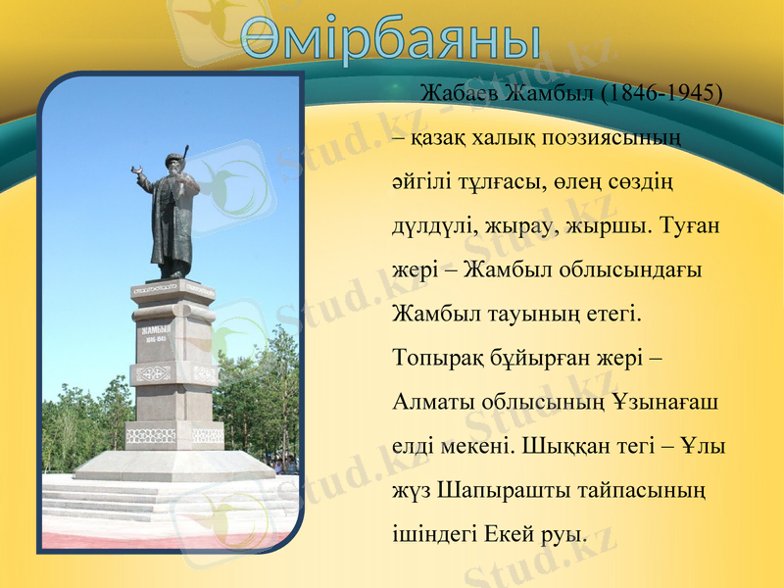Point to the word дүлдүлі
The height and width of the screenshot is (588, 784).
coord(432,226)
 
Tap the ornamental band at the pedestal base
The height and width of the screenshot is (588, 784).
coord(174,434)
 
